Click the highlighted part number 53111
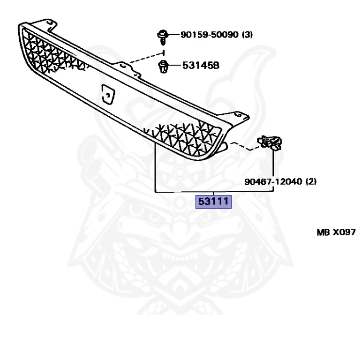[x=214, y=202]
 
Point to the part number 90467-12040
[x=274, y=181]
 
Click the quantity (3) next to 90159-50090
[x=248, y=35]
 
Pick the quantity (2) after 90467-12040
[x=310, y=181]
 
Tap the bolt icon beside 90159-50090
[x=163, y=35]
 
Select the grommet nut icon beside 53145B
[x=163, y=66]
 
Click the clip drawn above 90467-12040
[x=271, y=142]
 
